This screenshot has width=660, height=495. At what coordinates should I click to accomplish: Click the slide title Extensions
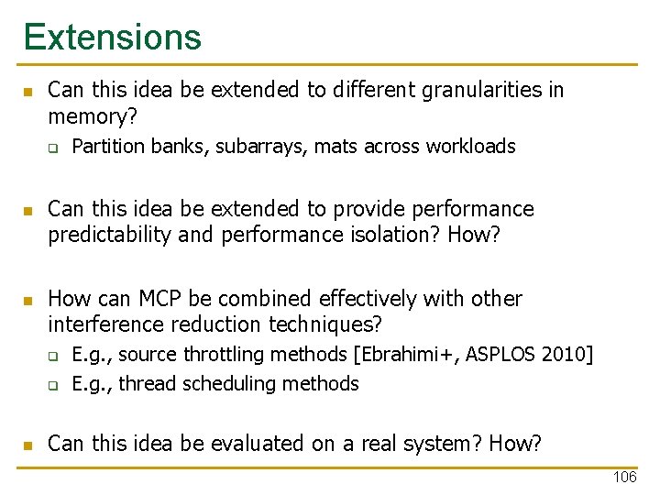pyautogui.click(x=112, y=37)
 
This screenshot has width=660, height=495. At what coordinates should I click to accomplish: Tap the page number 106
pyautogui.click(x=624, y=478)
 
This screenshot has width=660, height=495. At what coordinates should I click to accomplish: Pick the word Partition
pyautogui.click(x=108, y=147)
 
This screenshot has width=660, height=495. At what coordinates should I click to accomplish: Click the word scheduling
pyautogui.click(x=225, y=384)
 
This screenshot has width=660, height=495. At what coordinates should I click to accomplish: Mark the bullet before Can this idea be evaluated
pyautogui.click(x=27, y=445)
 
